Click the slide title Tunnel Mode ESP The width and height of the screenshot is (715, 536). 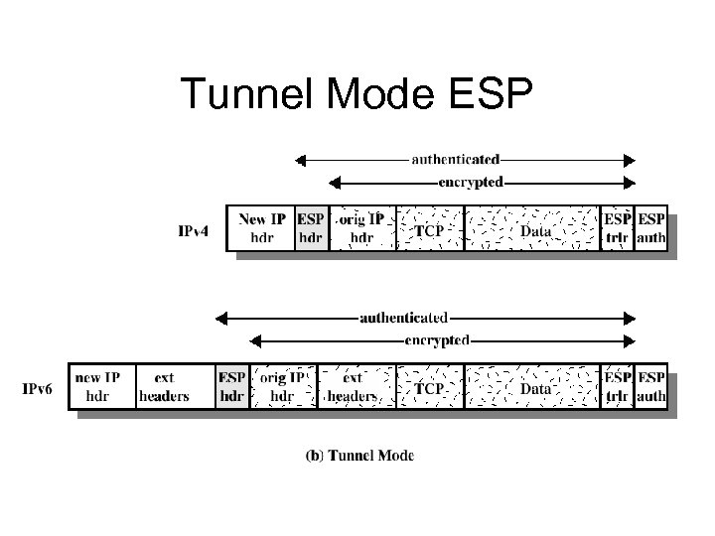tap(357, 95)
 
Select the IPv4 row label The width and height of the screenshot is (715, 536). tap(193, 231)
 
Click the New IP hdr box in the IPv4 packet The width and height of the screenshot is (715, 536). tap(261, 228)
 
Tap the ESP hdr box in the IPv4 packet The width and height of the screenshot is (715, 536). tap(311, 228)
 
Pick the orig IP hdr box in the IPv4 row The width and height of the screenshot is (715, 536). tap(360, 228)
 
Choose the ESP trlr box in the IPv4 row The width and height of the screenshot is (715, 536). tap(617, 228)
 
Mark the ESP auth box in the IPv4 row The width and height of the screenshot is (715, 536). tap(650, 228)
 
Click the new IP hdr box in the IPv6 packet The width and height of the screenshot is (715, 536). tap(98, 386)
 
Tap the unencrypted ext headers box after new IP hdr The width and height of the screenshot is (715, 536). tap(164, 386)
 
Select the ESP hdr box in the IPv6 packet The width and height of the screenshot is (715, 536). tap(231, 386)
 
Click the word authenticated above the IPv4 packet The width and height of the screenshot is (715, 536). tap(456, 159)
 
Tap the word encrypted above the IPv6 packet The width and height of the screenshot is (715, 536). tap(437, 340)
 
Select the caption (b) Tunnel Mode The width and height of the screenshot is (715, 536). tap(357, 457)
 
